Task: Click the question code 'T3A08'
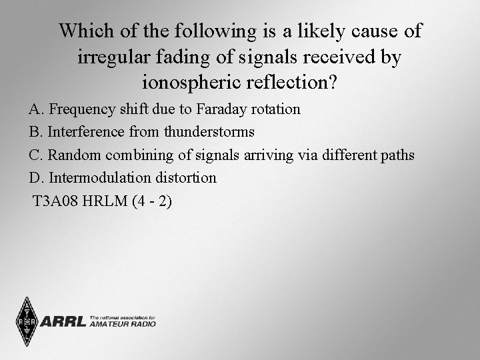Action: coord(55,201)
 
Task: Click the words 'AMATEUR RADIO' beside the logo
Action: coord(122,325)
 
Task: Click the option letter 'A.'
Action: coord(37,109)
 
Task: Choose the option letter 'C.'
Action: coord(37,155)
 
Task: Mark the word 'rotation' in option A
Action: coord(275,109)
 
